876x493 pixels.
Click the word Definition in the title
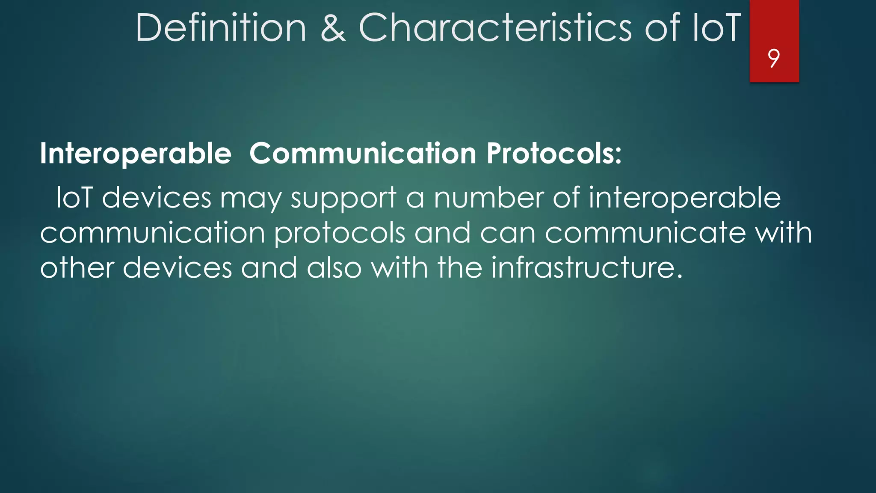(x=221, y=28)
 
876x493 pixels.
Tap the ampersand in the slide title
(x=333, y=28)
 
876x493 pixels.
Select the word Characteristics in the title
(x=495, y=28)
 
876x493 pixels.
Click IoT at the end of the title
(x=716, y=28)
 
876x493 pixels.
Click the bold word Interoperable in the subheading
(x=136, y=154)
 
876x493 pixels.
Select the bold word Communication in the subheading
(x=363, y=154)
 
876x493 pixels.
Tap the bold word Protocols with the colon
(x=554, y=154)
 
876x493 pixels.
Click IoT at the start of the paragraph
(x=74, y=198)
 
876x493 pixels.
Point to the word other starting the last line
(x=77, y=268)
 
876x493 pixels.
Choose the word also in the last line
(x=334, y=268)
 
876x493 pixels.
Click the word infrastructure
(x=586, y=268)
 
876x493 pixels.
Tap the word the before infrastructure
(x=460, y=268)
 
